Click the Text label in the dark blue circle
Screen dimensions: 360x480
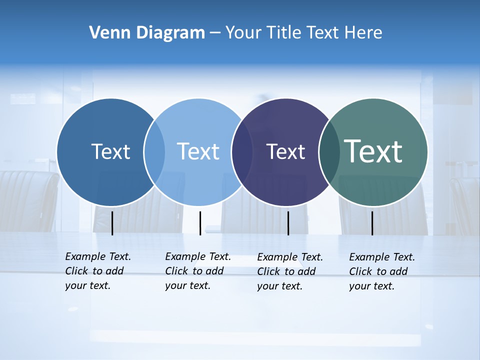tap(110, 151)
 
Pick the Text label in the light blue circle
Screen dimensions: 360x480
tap(198, 151)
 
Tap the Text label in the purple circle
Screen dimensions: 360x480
tap(285, 152)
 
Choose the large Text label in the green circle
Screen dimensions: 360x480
tap(373, 151)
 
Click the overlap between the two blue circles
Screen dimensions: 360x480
tap(154, 152)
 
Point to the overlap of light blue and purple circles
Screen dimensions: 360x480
tap(242, 152)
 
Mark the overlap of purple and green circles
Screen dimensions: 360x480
tap(329, 152)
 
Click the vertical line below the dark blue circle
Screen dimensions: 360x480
tap(112, 223)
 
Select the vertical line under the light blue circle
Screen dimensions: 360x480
tap(200, 223)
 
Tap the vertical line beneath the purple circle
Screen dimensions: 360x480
tap(288, 223)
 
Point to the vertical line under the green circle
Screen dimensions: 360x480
tap(372, 223)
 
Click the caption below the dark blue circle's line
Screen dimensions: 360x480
tap(97, 271)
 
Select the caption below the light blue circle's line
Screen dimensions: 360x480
tap(197, 271)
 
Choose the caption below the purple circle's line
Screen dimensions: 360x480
tap(289, 271)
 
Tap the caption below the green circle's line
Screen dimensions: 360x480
tap(381, 271)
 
